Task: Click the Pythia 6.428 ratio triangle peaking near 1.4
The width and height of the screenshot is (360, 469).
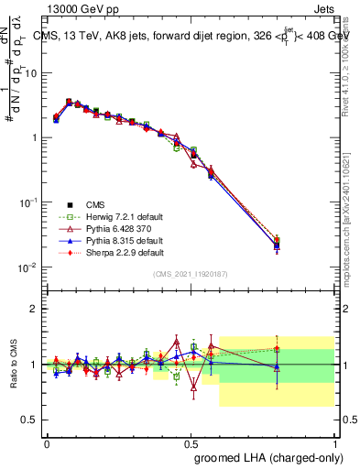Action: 177,342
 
